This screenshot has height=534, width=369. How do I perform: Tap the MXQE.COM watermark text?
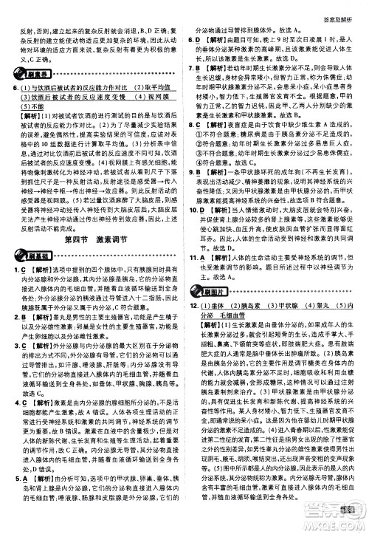[343, 524]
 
